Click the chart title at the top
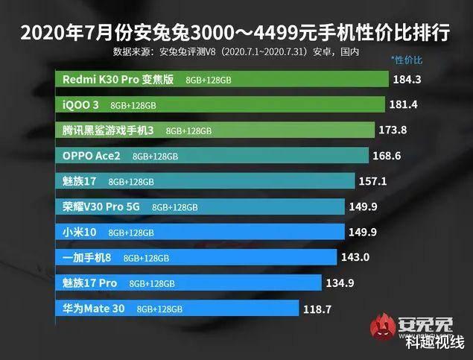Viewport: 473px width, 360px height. click(x=235, y=33)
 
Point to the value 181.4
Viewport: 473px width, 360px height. click(x=402, y=104)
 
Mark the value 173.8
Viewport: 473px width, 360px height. click(x=392, y=130)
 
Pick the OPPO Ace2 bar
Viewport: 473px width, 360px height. click(x=212, y=156)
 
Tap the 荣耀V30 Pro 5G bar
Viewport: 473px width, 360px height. click(x=200, y=206)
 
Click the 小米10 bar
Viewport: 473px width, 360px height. click(x=200, y=232)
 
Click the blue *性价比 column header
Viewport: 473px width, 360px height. click(x=406, y=58)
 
